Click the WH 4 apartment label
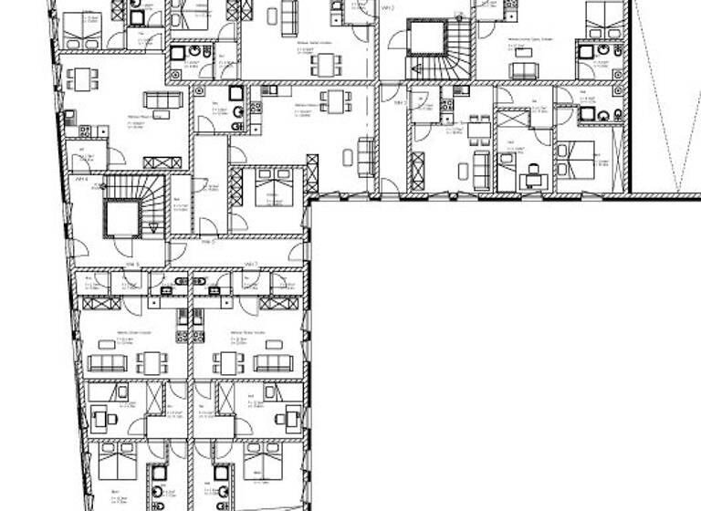pyautogui.click(x=80, y=179)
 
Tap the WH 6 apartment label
pyautogui.click(x=131, y=265)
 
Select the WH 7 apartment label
pyautogui.click(x=250, y=265)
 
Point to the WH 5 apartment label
pyautogui.click(x=207, y=242)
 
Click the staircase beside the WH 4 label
pyautogui.click(x=122, y=214)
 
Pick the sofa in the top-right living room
pyautogui.click(x=524, y=69)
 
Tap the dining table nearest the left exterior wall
pyautogui.click(x=82, y=78)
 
